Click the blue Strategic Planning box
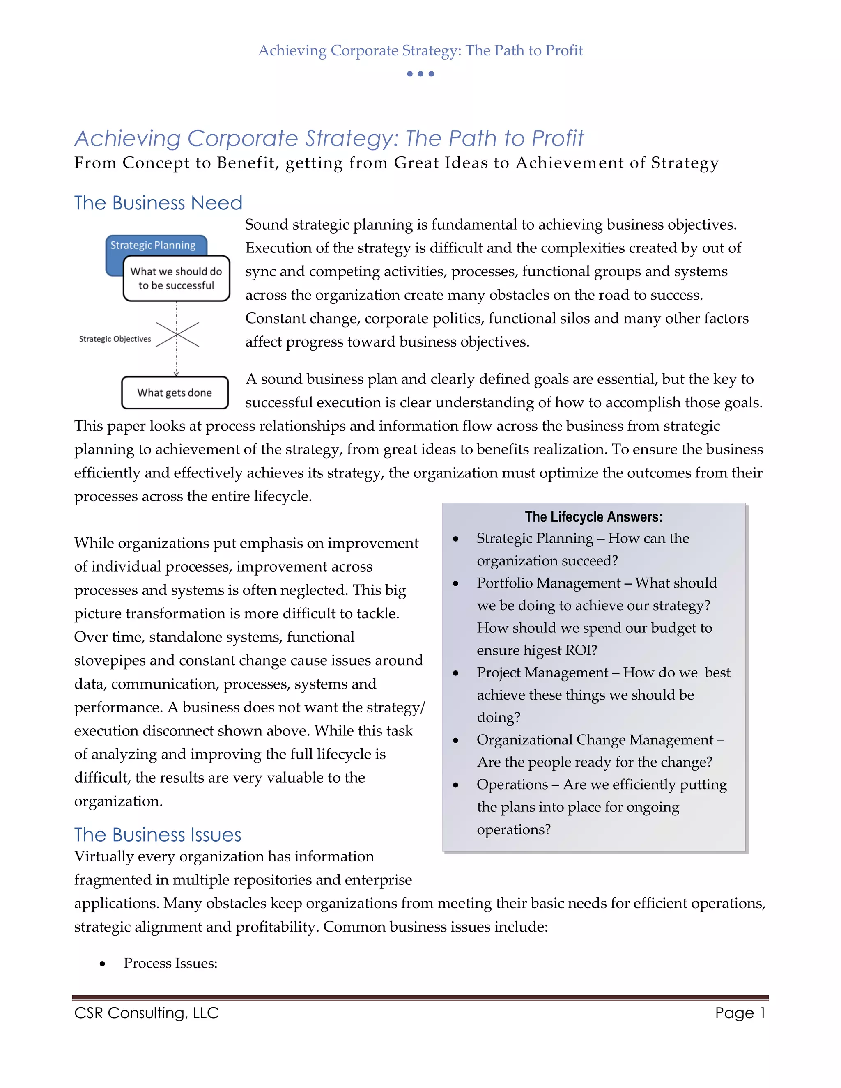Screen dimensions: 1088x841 [x=152, y=245]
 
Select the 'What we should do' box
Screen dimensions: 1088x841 [x=176, y=278]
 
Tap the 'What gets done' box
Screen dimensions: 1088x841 [x=175, y=393]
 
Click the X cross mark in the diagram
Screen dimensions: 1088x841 [x=177, y=334]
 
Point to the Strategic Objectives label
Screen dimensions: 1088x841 [x=115, y=339]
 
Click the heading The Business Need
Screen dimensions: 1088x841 [x=158, y=203]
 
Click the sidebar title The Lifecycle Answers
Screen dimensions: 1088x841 [x=593, y=516]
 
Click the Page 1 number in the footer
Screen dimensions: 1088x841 [x=739, y=1013]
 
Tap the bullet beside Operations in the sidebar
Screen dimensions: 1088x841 [x=455, y=785]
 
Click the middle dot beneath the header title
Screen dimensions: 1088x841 [x=420, y=74]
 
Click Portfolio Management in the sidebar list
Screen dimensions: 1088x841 [x=549, y=583]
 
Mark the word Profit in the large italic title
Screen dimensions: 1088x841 [x=557, y=138]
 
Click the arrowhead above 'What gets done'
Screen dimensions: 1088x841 [x=176, y=373]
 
